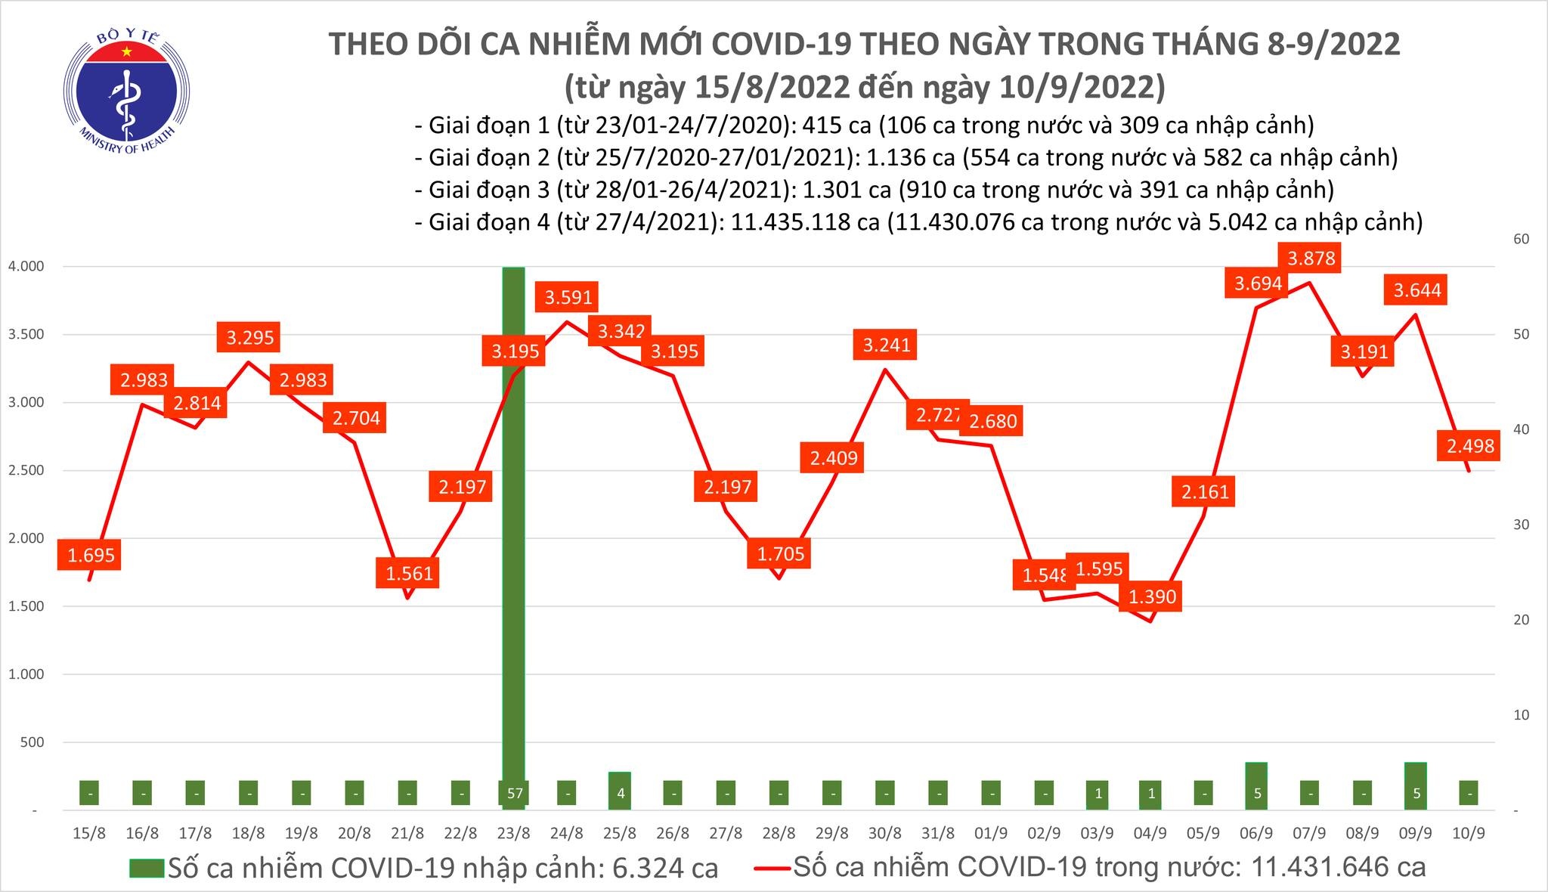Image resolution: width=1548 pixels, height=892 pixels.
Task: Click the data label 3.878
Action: pyautogui.click(x=1311, y=259)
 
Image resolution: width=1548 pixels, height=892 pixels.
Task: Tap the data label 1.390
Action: pyautogui.click(x=1152, y=596)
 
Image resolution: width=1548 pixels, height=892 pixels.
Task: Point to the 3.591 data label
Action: pyautogui.click(x=568, y=297)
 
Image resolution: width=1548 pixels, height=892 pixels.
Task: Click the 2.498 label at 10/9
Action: pyautogui.click(x=1470, y=446)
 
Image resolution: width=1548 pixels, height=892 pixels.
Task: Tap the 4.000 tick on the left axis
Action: pyautogui.click(x=26, y=266)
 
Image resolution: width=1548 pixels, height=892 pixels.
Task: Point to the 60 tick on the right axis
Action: pyautogui.click(x=1515, y=239)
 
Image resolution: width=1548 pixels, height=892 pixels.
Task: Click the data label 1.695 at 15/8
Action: pyautogui.click(x=91, y=556)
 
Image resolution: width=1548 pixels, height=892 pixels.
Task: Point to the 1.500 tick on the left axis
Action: pyautogui.click(x=26, y=606)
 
